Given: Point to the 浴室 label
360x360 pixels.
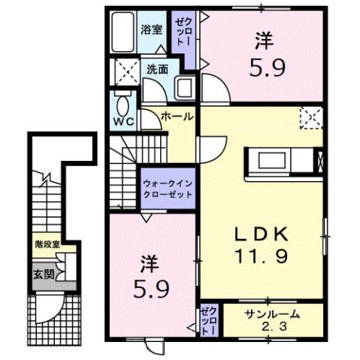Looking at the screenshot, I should (151, 30).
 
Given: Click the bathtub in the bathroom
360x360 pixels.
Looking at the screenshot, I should (121, 35).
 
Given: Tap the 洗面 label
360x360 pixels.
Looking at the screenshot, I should (157, 68).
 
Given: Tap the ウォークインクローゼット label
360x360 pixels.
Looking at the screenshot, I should (166, 186).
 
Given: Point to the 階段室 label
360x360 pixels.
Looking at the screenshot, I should (47, 243).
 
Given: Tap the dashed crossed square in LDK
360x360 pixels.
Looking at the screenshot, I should (310, 118).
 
